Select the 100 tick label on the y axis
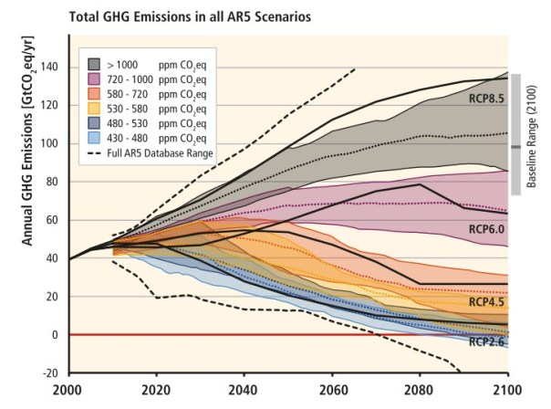click(x=48, y=144)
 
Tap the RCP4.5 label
click(x=484, y=301)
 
